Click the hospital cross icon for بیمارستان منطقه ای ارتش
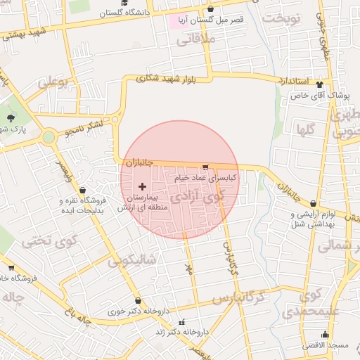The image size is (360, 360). (143, 187)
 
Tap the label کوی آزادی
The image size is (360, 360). (198, 197)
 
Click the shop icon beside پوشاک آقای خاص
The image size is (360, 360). (320, 83)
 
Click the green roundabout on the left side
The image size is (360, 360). (48, 136)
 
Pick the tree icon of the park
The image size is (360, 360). (11, 117)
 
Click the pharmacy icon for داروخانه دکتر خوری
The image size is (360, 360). (137, 301)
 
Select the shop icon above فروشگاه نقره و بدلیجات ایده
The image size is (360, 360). (83, 190)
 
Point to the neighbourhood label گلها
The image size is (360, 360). (305, 129)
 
